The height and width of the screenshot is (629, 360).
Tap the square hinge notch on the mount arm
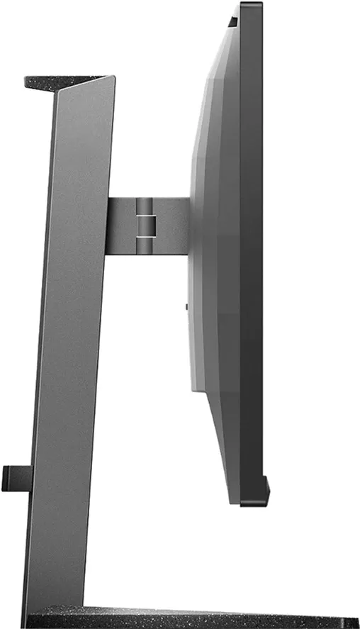click(145, 221)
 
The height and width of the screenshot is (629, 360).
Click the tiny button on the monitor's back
click(186, 306)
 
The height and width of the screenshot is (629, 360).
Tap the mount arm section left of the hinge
click(120, 223)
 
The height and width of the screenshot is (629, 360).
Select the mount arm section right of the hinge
click(173, 223)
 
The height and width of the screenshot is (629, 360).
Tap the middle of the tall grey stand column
click(74, 340)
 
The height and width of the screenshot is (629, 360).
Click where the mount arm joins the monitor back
click(189, 223)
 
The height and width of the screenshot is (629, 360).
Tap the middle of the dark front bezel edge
click(252, 255)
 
